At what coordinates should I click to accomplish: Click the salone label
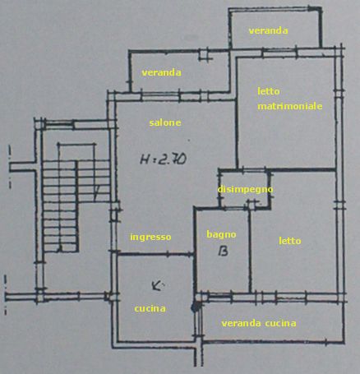[165, 122]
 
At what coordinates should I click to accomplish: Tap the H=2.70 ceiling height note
[164, 159]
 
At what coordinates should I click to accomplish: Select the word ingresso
[150, 237]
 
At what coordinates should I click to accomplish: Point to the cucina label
[150, 308]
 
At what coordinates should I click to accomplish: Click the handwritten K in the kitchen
[158, 286]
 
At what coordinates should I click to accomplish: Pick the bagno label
[221, 234]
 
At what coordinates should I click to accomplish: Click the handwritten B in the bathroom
[224, 251]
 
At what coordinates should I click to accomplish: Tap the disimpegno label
[245, 189]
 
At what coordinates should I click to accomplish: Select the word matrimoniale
[290, 106]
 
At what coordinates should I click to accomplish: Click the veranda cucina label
[259, 323]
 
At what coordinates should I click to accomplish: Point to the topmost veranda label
[268, 30]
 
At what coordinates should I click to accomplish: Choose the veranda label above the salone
[161, 72]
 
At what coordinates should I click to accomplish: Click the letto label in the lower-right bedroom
[290, 241]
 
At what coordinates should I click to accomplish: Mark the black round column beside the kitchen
[196, 307]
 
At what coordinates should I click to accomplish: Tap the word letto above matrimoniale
[269, 91]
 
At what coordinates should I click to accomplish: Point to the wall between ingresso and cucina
[156, 254]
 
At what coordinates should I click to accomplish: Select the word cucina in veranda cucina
[280, 323]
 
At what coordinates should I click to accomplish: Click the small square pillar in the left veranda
[204, 54]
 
